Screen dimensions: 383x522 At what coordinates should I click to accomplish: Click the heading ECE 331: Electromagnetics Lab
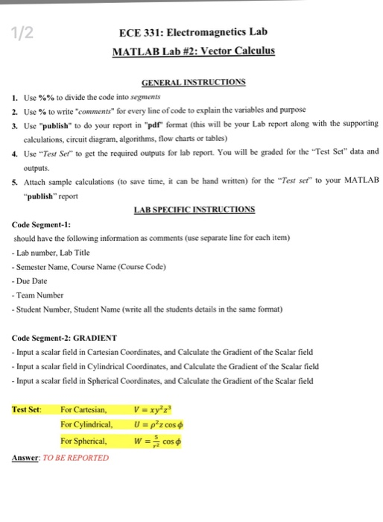point(193,33)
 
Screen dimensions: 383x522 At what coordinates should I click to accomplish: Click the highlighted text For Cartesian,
point(85,409)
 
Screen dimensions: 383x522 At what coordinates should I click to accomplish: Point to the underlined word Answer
point(28,456)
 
